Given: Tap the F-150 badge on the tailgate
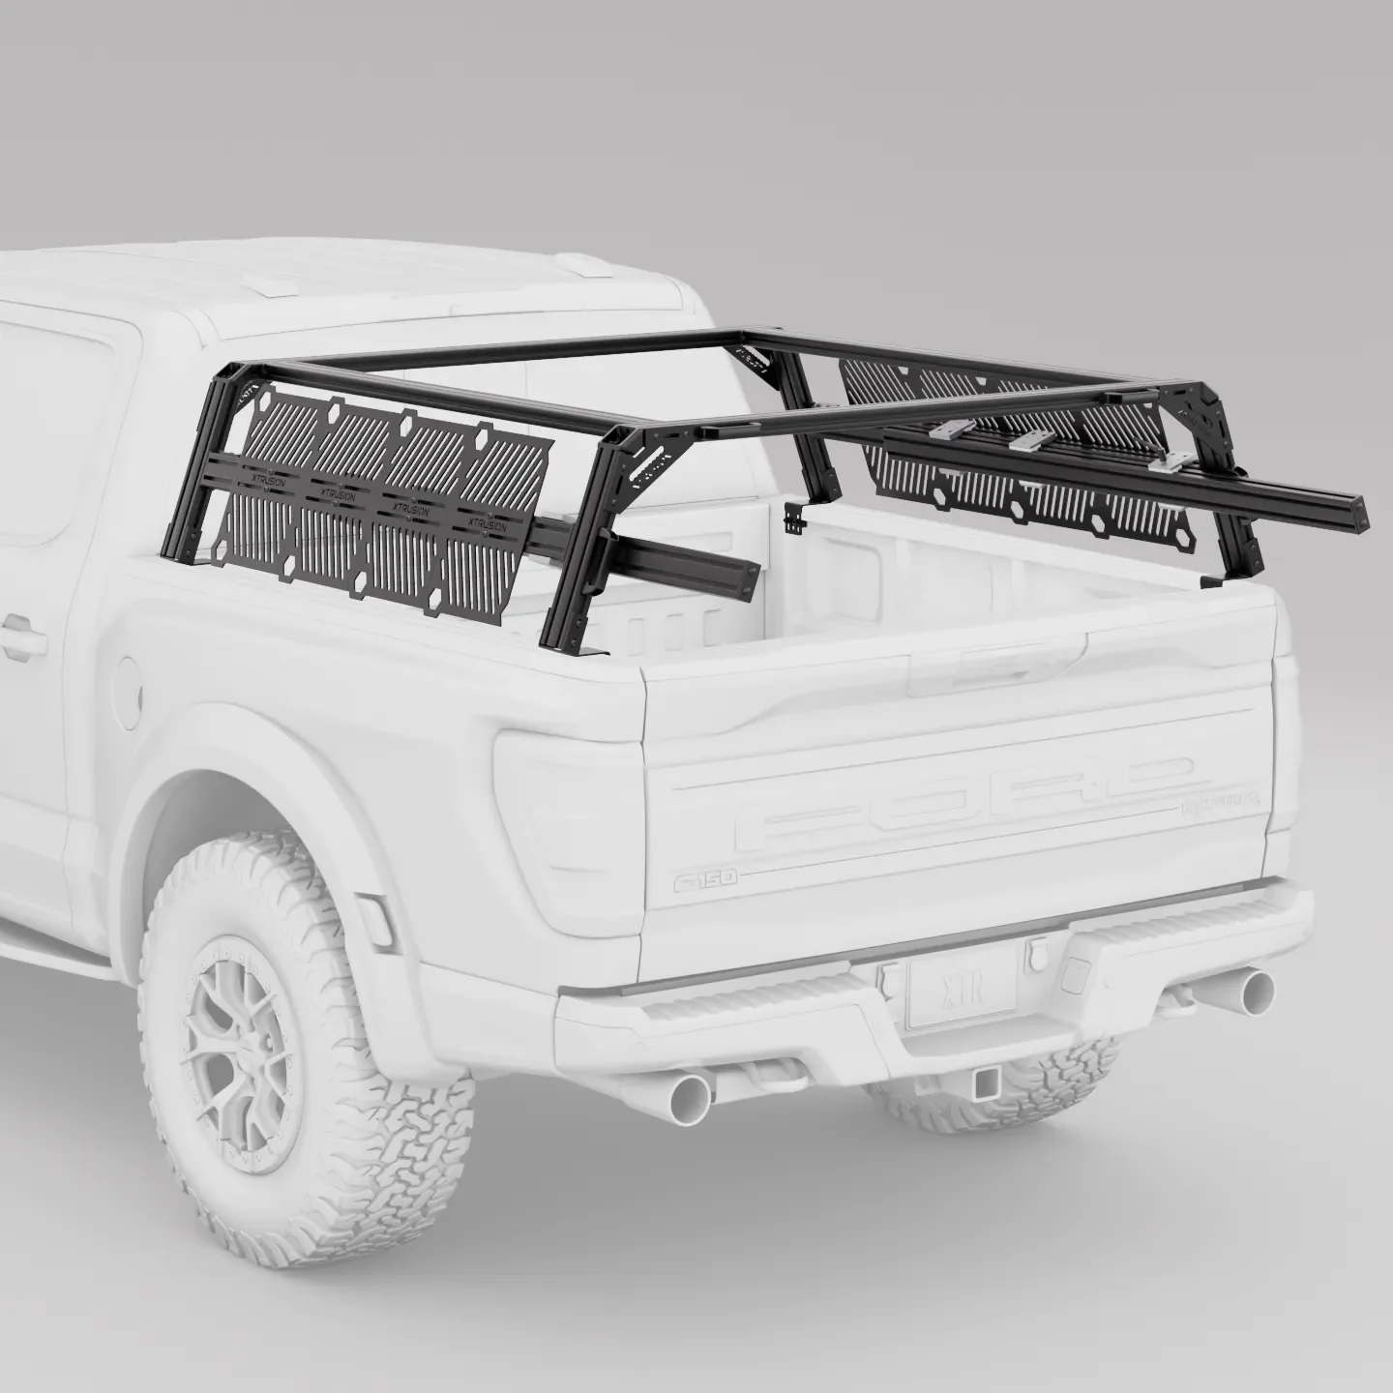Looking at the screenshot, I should click(706, 878).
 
